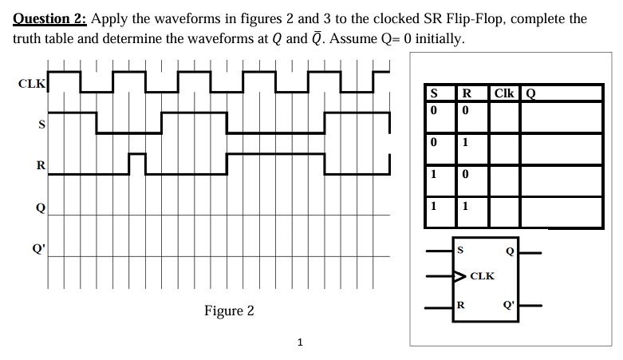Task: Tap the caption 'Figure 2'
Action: (229, 310)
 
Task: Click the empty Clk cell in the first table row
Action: (503, 115)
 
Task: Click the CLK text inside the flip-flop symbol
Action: (482, 276)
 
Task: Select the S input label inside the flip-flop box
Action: (459, 250)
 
